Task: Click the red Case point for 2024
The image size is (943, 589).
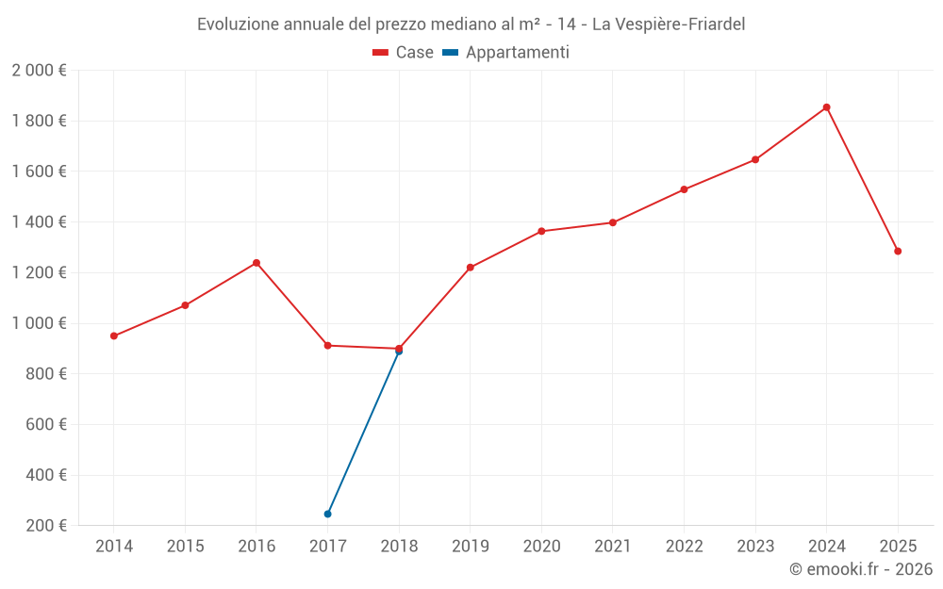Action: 826,107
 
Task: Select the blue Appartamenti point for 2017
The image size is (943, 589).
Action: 327,514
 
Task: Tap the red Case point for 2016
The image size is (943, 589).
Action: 256,263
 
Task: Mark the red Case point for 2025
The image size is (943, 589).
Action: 898,252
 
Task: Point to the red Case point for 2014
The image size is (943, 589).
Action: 114,335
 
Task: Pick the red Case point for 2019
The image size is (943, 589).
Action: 470,268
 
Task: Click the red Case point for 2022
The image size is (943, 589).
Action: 684,189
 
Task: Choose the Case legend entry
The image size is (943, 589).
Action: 403,53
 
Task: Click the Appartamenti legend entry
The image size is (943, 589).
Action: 506,53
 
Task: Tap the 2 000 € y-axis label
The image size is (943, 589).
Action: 39,71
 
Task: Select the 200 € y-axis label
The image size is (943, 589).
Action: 45,526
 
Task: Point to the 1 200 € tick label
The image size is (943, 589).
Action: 39,273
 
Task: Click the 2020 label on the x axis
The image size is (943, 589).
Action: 541,547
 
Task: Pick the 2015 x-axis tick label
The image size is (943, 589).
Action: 185,547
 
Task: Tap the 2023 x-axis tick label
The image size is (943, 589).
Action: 755,547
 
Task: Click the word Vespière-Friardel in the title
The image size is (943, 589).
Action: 669,25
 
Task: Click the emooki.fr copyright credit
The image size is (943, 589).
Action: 861,569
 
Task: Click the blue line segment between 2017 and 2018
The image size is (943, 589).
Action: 363,433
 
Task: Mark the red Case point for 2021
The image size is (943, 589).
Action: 613,222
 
